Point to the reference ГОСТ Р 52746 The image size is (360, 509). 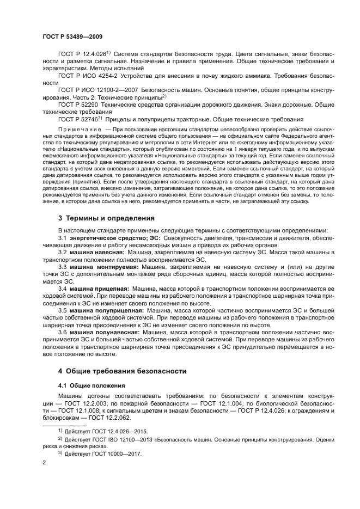(x=80, y=119)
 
